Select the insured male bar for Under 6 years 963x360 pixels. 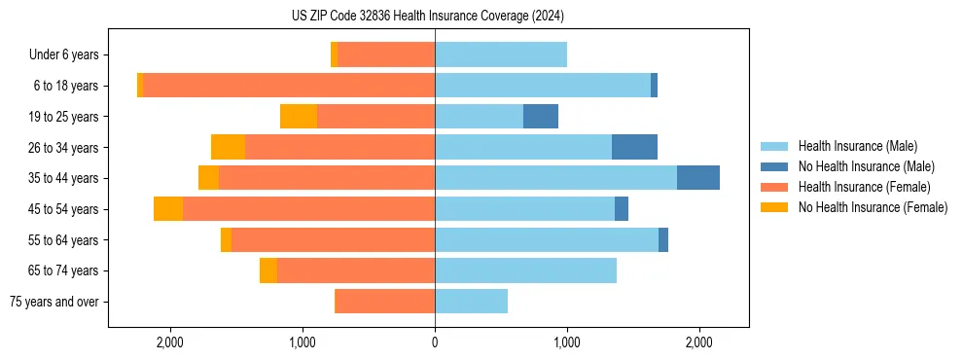pyautogui.click(x=501, y=54)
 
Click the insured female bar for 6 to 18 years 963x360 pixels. pyautogui.click(x=289, y=86)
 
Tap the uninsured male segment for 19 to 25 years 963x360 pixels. pyautogui.click(x=541, y=117)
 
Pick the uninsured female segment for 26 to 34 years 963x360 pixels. pyautogui.click(x=228, y=147)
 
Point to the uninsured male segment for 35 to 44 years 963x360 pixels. pyautogui.click(x=698, y=178)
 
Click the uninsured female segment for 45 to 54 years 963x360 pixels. pyautogui.click(x=168, y=209)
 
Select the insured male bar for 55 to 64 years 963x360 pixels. pyautogui.click(x=547, y=239)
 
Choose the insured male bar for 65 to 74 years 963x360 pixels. pyautogui.click(x=525, y=270)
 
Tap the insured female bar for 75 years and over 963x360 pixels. pyautogui.click(x=384, y=302)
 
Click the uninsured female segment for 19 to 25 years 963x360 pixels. pyautogui.click(x=299, y=117)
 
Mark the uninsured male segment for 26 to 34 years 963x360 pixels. pyautogui.click(x=634, y=147)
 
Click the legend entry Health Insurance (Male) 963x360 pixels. pyautogui.click(x=857, y=146)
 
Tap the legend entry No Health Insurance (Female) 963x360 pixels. pyautogui.click(x=872, y=207)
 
